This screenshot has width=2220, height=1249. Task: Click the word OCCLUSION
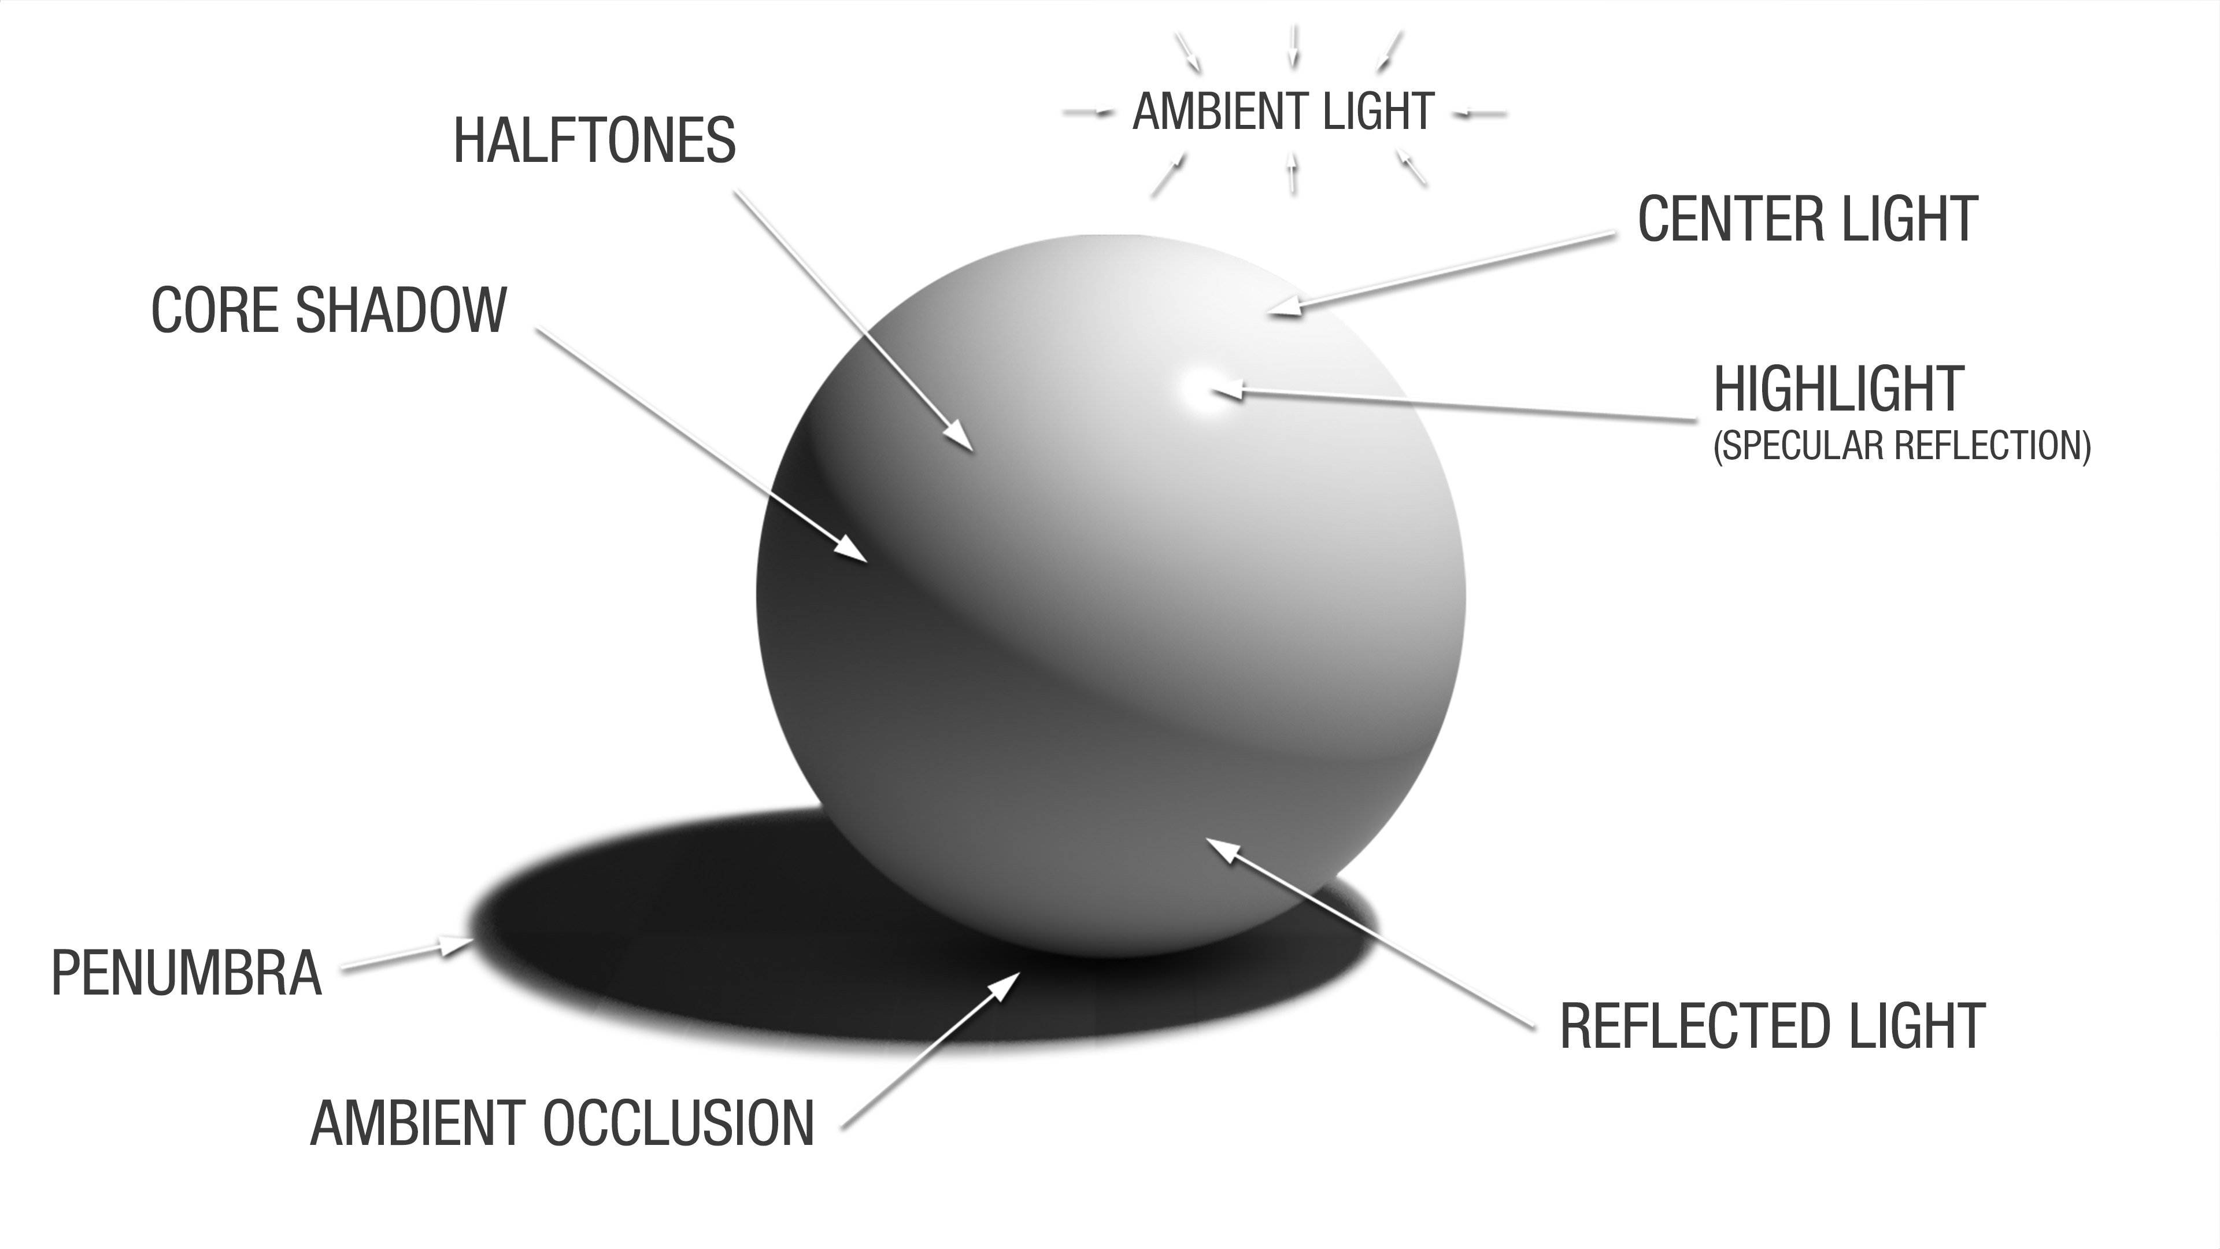679,1123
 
